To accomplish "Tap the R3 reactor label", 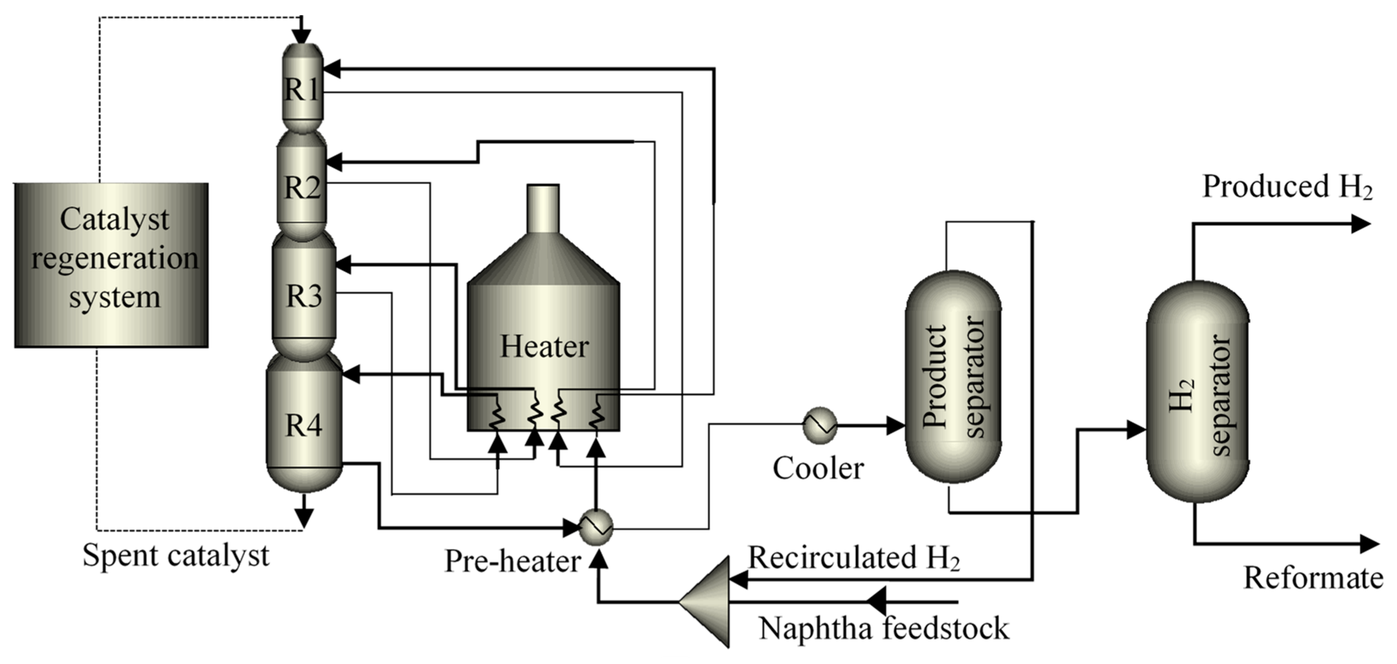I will (304, 296).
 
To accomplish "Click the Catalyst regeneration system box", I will (112, 265).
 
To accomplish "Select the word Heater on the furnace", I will (544, 346).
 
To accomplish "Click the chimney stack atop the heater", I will (543, 209).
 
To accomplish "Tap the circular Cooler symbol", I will (819, 425).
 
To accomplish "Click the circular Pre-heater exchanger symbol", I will (596, 526).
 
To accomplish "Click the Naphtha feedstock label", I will (884, 629).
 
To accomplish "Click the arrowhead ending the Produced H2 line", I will (1361, 223).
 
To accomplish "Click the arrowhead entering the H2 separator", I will (1136, 430).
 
